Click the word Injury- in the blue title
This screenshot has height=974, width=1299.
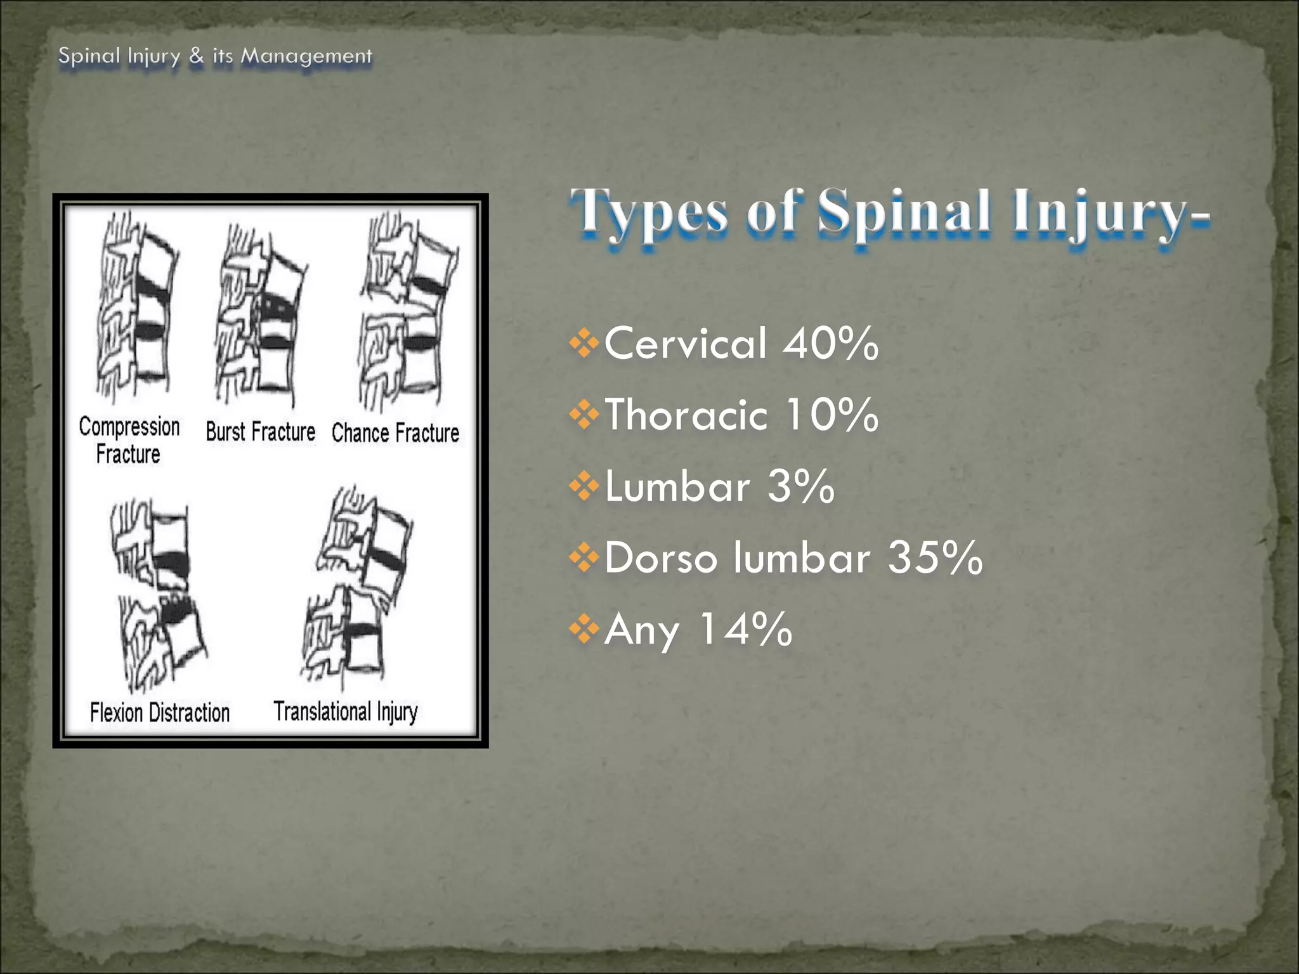[x=1110, y=213]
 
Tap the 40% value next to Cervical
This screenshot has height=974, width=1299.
[x=830, y=343]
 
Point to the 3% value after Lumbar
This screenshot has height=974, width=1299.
[x=800, y=486]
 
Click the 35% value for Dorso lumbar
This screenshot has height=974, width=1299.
[x=935, y=558]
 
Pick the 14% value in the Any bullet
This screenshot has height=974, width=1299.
[x=745, y=630]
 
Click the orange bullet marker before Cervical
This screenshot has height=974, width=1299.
[x=584, y=344]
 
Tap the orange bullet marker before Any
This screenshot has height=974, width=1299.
[x=584, y=630]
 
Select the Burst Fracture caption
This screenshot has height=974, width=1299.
[x=260, y=432]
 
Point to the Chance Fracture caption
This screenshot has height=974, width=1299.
[x=395, y=433]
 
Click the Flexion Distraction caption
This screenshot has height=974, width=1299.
[x=160, y=713]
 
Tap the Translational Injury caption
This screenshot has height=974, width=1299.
[x=346, y=711]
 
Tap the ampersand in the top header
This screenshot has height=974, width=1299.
[x=197, y=56]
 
